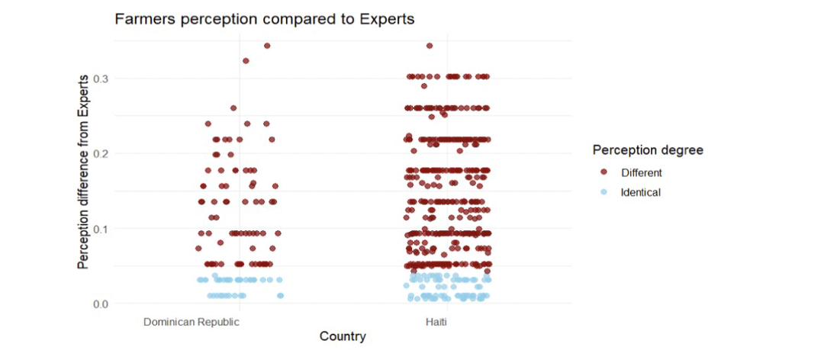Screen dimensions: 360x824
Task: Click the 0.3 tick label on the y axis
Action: coord(101,79)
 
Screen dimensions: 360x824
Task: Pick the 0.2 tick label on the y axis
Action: coord(101,153)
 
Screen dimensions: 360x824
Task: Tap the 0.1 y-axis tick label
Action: coord(101,229)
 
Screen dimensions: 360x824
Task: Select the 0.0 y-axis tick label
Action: coord(101,304)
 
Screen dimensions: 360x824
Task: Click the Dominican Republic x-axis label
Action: coord(192,322)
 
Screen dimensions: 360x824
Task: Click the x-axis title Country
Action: coord(343,336)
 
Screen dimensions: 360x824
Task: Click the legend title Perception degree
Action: coord(648,150)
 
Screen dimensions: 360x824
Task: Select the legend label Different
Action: coord(642,172)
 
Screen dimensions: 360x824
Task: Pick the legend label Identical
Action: coord(641,192)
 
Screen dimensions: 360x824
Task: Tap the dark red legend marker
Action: coord(604,172)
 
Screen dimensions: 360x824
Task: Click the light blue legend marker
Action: coord(604,192)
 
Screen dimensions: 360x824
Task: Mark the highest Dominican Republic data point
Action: coord(267,46)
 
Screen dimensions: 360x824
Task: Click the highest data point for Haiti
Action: coord(430,46)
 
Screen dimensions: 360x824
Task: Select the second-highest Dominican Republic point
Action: coord(246,61)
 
